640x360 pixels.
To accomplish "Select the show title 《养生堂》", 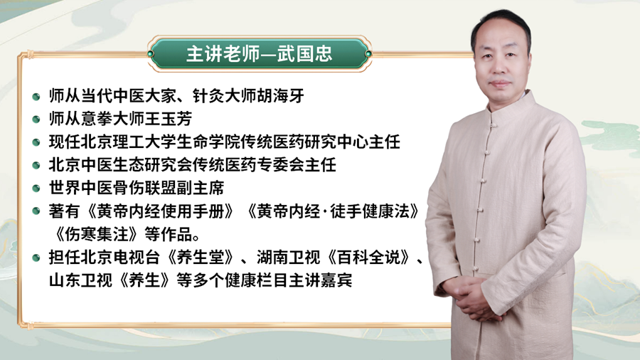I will click(x=203, y=258).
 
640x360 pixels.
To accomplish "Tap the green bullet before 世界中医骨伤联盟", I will click(x=37, y=189).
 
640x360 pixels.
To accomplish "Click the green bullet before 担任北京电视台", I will click(x=37, y=259).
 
